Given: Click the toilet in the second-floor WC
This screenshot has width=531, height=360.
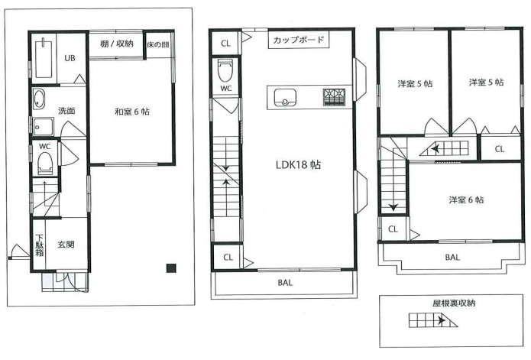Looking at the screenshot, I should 225,72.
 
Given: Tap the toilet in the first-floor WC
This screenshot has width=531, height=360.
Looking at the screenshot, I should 45,161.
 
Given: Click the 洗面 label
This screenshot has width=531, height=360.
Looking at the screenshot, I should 67,111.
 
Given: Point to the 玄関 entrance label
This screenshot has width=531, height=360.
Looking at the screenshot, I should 66,245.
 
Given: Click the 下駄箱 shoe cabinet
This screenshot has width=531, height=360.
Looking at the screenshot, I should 39,244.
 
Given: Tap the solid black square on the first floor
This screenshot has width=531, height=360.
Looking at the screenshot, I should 171,268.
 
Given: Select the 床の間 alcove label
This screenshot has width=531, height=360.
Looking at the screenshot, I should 160,44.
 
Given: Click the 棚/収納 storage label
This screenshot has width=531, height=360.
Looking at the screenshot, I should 117,44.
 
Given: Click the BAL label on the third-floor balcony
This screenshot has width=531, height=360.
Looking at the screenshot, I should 452,258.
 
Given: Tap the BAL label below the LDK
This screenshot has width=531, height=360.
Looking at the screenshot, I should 285,283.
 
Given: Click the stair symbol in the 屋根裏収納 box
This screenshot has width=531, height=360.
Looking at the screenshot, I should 434,322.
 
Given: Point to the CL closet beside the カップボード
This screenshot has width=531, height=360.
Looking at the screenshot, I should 225,42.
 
